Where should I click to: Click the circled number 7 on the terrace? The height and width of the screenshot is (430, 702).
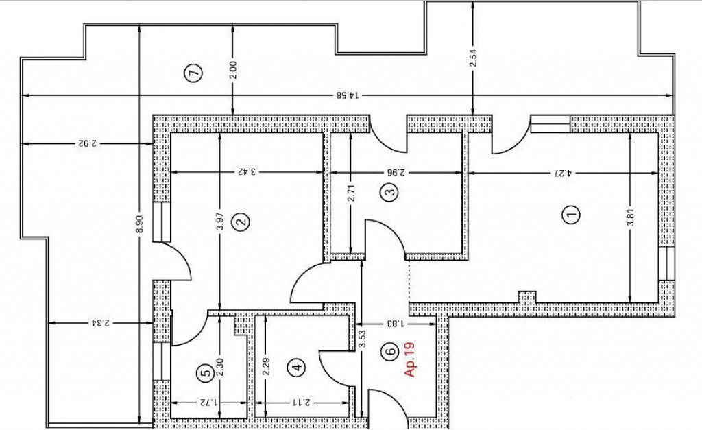[x=194, y=73]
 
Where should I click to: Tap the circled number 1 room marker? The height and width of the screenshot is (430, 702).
[x=570, y=214]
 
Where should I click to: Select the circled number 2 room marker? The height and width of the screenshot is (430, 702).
[x=241, y=222]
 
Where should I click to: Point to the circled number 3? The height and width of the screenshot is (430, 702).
[x=389, y=193]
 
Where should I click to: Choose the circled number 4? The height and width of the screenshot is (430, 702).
[x=298, y=368]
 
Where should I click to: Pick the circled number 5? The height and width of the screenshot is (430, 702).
[x=206, y=372]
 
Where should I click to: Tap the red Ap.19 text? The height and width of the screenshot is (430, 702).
[x=409, y=359]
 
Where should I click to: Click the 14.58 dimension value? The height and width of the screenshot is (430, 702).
[x=348, y=95]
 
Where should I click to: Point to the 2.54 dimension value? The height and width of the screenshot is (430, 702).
[x=474, y=58]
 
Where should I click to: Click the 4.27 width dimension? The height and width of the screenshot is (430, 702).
[x=563, y=172]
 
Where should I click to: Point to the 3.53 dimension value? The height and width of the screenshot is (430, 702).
[x=363, y=339]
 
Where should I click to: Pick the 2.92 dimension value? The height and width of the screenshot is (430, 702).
[x=87, y=144]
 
